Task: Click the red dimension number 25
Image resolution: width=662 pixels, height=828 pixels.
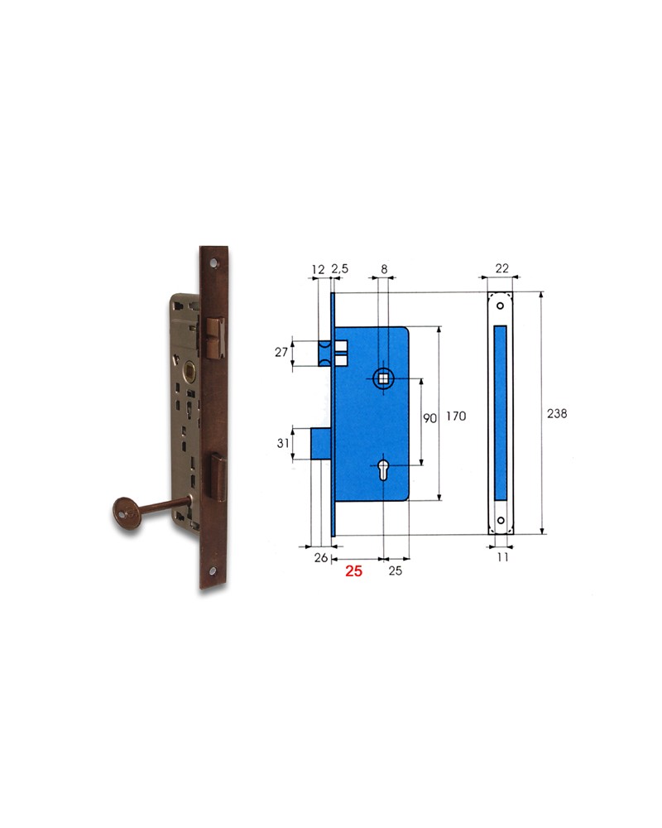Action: [354, 571]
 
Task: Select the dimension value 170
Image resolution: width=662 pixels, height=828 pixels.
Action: [455, 416]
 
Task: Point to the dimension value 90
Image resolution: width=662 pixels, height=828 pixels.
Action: [429, 419]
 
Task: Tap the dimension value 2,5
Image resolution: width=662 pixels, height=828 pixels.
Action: [340, 270]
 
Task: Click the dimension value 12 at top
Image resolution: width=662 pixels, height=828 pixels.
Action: [318, 270]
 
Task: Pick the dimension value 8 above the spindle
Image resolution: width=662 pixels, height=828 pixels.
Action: [385, 270]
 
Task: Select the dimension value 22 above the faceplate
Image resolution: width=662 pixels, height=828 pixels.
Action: [501, 270]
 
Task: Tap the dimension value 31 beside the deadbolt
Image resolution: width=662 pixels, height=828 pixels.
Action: [283, 443]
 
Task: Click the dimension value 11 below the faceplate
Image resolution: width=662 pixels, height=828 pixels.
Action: [501, 559]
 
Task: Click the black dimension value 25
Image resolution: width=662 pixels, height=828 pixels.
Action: [395, 571]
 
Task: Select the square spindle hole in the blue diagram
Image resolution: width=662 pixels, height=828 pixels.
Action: [385, 379]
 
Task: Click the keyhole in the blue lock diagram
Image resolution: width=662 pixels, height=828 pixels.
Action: [386, 468]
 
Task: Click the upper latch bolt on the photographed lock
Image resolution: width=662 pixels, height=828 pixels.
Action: [214, 336]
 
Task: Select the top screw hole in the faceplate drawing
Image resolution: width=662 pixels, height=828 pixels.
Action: [501, 306]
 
